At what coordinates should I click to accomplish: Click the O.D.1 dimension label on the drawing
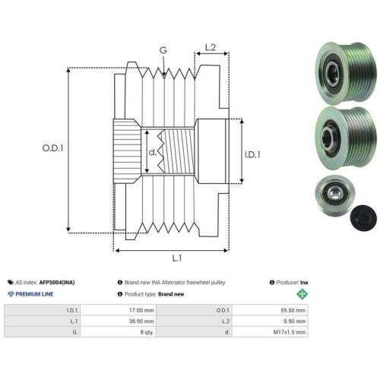click(52, 148)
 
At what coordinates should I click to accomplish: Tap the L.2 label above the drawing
click(210, 47)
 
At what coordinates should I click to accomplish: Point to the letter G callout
click(163, 50)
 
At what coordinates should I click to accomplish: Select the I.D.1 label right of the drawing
click(252, 154)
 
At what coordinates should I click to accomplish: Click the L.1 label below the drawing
click(177, 258)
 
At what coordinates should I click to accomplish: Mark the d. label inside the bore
click(152, 152)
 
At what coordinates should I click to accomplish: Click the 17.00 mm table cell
click(141, 310)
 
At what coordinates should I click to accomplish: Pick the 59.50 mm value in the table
click(293, 310)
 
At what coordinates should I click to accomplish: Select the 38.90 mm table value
click(141, 321)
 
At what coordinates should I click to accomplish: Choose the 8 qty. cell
click(147, 332)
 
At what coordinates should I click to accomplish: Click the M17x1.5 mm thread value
click(290, 332)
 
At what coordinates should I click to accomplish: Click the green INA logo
click(302, 294)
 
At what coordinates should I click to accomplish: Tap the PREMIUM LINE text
click(34, 294)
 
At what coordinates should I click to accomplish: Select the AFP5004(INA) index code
click(57, 283)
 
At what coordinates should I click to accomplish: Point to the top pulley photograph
click(346, 73)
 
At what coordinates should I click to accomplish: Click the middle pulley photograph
click(346, 137)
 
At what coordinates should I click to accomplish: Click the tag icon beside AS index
click(11, 283)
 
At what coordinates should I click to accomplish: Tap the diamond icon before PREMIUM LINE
click(11, 294)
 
